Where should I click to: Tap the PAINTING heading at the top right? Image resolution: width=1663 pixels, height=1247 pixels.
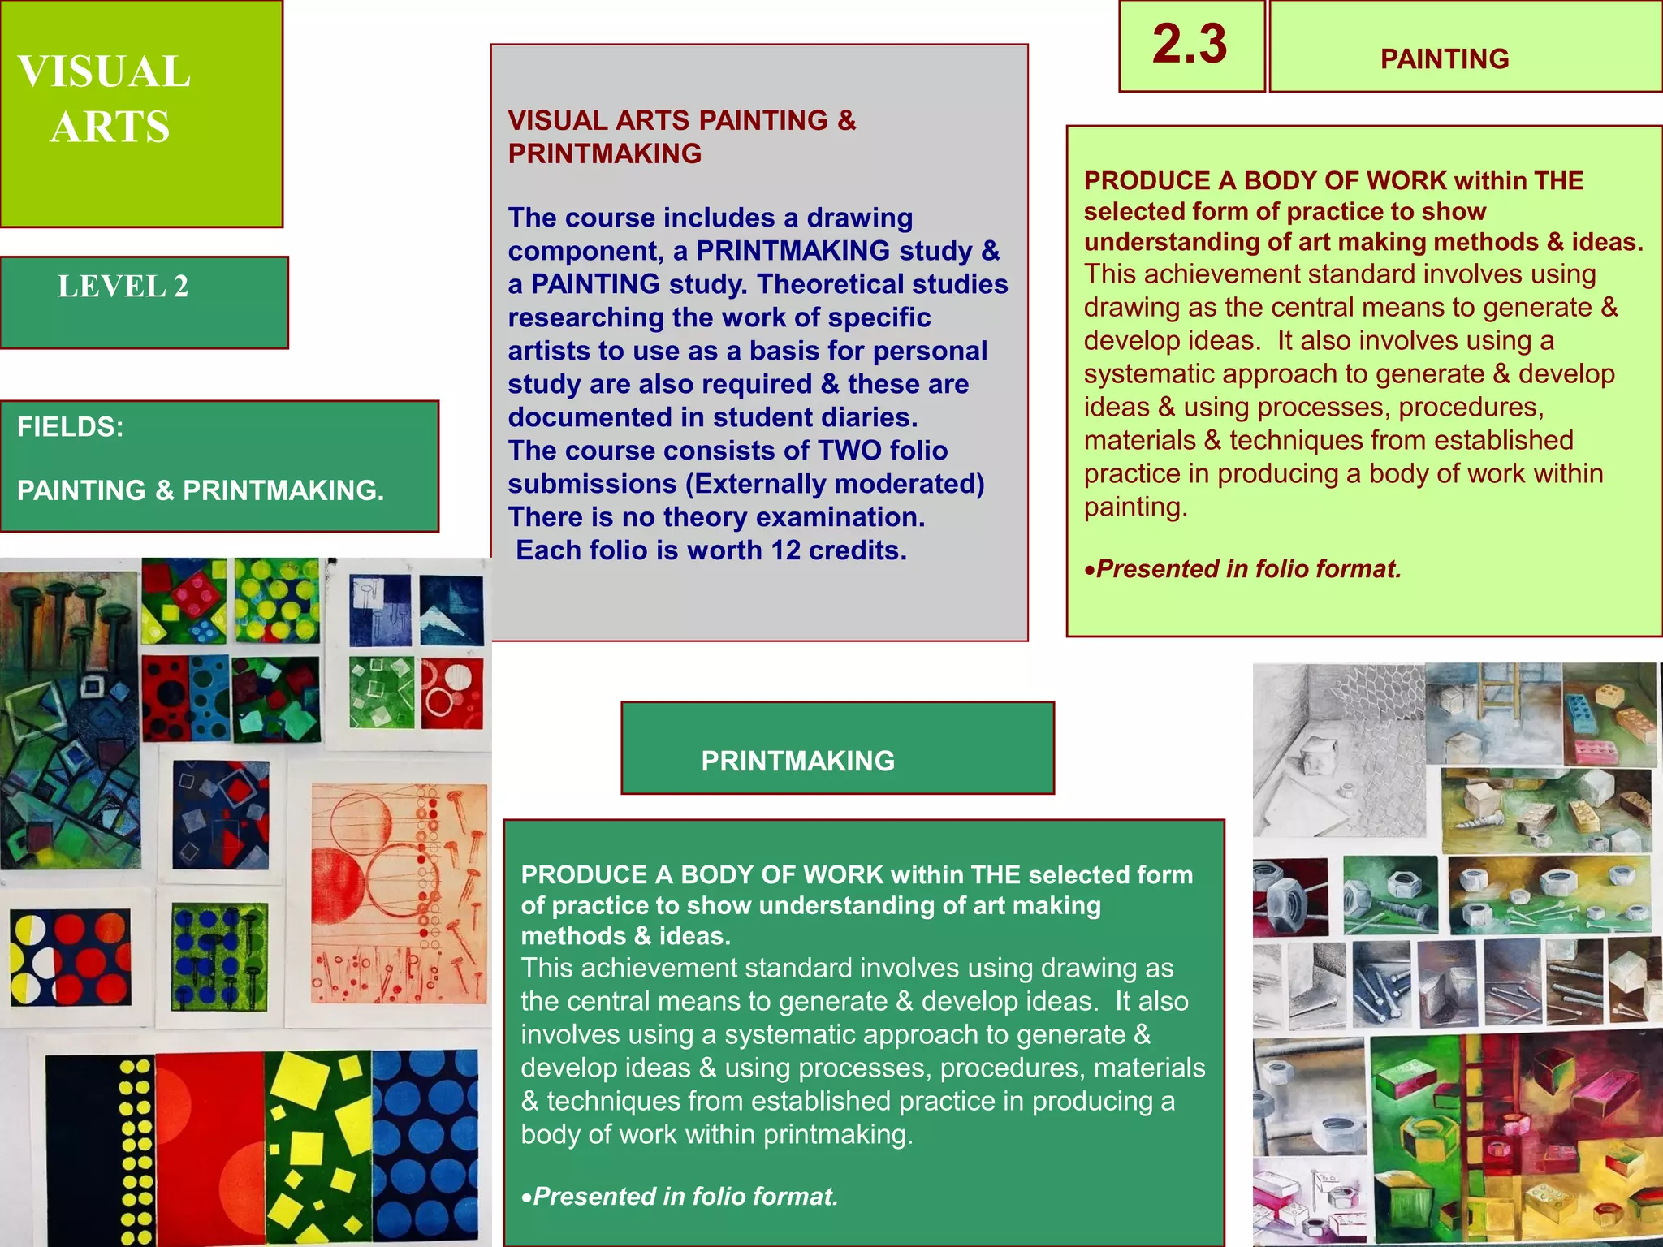pos(1444,58)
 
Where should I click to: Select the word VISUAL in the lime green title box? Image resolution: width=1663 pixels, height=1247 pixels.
pos(104,71)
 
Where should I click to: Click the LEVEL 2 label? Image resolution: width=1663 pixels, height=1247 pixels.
pos(123,287)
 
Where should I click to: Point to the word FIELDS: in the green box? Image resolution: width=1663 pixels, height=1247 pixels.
pos(71,427)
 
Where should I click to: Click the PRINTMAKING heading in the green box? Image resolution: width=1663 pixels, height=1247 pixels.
pos(797,761)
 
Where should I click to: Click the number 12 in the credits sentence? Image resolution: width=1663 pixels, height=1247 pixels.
pos(785,550)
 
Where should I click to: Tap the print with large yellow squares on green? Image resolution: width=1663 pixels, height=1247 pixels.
pos(318,1145)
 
